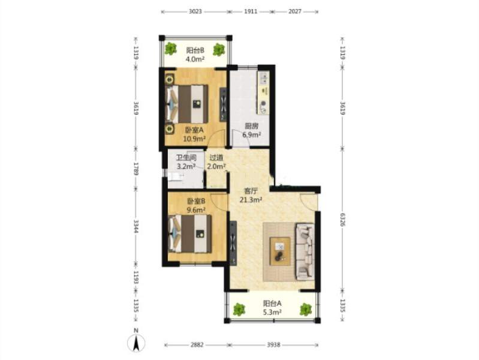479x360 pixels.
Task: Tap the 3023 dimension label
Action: [194, 11]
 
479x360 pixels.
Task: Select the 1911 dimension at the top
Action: [250, 11]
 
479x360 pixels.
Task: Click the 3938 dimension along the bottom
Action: [273, 345]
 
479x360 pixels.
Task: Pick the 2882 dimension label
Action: [196, 345]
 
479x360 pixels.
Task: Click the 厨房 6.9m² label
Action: [252, 130]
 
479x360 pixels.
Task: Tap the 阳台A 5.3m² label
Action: [272, 307]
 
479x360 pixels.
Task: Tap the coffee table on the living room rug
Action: [280, 251]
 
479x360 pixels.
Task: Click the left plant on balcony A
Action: [239, 310]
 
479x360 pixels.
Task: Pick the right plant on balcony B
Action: [219, 49]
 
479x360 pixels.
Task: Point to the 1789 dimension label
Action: [136, 168]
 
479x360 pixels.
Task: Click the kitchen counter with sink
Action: [263, 93]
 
